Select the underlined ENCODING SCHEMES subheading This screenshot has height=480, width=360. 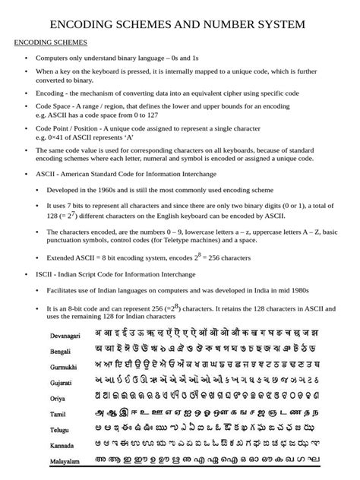tap(51, 43)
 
